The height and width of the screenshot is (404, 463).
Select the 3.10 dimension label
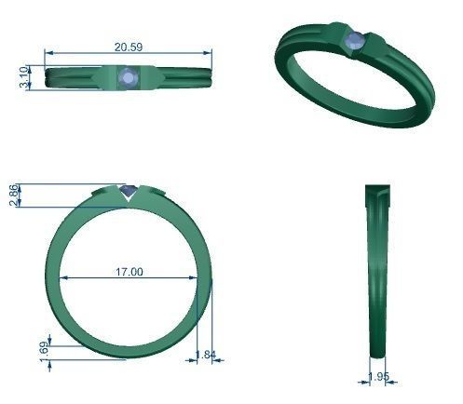point(23,77)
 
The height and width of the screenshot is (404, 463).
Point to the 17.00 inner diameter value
point(129,272)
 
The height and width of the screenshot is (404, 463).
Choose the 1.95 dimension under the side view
point(378,376)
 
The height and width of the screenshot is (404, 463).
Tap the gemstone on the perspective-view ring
point(354,41)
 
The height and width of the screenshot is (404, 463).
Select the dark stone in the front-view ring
point(129,194)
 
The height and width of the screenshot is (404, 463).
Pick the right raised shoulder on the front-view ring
point(159,193)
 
